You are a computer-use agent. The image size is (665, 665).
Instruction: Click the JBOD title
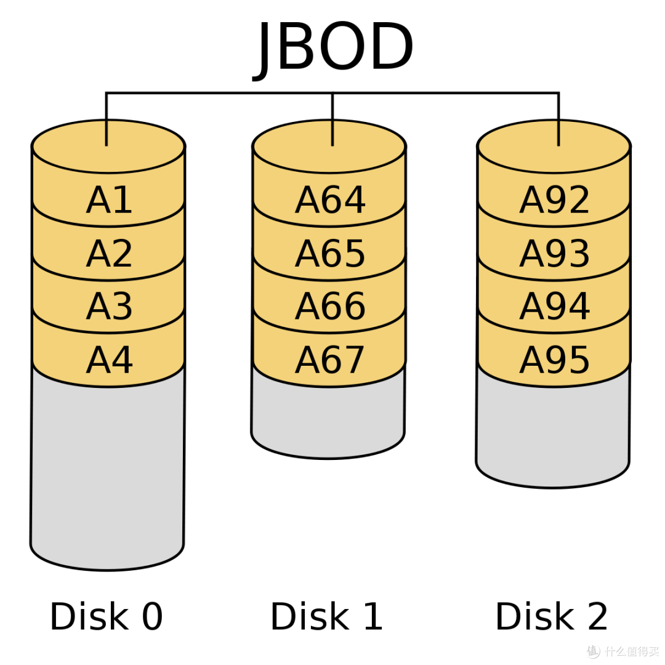(332, 47)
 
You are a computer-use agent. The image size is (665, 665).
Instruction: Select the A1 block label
(109, 199)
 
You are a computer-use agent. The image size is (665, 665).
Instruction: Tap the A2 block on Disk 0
(109, 253)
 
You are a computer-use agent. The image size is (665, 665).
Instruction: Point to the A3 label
(109, 306)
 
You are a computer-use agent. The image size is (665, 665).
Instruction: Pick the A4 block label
(109, 360)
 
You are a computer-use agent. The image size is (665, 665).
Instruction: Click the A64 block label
(330, 199)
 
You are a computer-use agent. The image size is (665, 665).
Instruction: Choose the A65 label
(330, 253)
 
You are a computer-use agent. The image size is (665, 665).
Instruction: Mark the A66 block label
(330, 306)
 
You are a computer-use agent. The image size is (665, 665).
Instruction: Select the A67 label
(330, 360)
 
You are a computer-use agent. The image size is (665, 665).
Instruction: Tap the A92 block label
(554, 199)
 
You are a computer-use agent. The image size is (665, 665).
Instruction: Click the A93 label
(554, 253)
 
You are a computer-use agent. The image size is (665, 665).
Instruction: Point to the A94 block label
(554, 306)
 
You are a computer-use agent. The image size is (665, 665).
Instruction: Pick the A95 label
(554, 360)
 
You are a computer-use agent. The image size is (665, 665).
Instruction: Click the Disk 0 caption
(106, 616)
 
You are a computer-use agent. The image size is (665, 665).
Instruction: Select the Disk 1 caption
(326, 616)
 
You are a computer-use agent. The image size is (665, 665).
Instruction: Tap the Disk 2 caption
(551, 616)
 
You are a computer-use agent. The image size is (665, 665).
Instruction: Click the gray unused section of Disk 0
(107, 471)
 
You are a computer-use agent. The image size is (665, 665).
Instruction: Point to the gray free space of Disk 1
(328, 420)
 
